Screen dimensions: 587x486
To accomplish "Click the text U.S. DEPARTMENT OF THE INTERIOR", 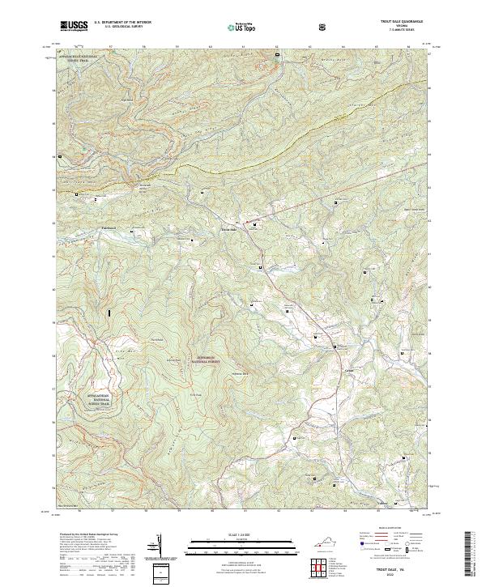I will pos(122,22).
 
